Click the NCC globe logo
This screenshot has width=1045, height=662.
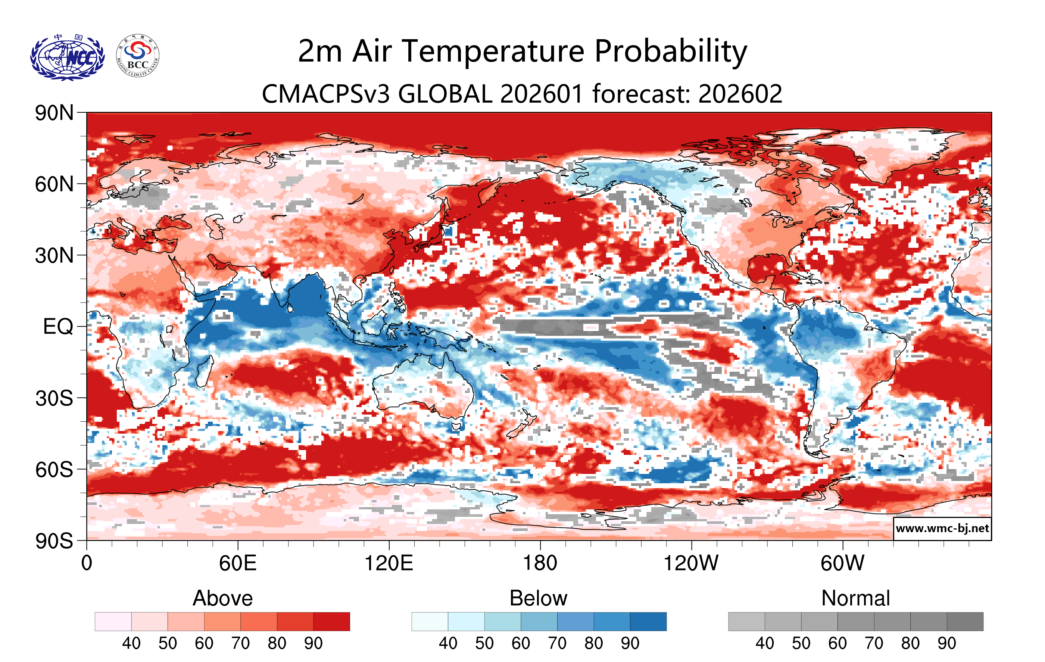click(x=67, y=57)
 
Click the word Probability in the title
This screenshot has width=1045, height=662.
click(x=671, y=51)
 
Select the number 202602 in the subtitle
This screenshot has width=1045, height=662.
click(x=740, y=94)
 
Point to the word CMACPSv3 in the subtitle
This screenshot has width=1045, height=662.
click(x=326, y=94)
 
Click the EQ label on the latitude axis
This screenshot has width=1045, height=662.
click(x=58, y=327)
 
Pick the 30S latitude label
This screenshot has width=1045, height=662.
click(x=54, y=398)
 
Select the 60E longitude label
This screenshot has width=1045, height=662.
click(x=238, y=563)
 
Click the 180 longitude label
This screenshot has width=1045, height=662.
click(x=540, y=563)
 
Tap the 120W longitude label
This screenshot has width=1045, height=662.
click(x=691, y=563)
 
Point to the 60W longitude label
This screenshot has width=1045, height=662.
click(x=842, y=563)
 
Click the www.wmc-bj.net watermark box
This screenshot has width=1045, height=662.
click(x=942, y=528)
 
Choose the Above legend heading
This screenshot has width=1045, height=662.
click(x=223, y=598)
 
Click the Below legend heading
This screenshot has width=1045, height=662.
click(x=539, y=598)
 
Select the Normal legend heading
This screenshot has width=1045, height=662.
click(x=855, y=598)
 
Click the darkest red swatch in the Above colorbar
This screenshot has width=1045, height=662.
click(x=331, y=622)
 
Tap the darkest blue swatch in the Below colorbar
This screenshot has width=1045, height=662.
click(x=648, y=622)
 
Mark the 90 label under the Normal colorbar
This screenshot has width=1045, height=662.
click(x=946, y=643)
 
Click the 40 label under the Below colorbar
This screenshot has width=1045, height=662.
click(x=448, y=643)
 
